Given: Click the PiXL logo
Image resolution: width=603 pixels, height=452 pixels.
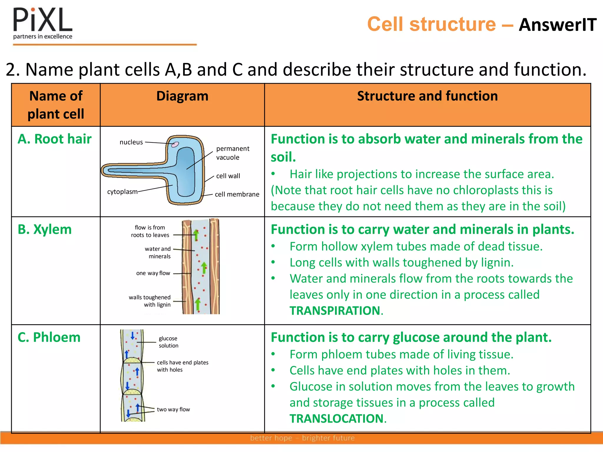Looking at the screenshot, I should (43, 24).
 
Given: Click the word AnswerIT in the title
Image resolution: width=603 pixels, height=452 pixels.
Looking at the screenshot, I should (557, 25).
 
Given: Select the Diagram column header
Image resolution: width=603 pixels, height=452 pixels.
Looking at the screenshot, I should (182, 96).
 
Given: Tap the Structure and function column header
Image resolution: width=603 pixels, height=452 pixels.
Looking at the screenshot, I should (427, 96).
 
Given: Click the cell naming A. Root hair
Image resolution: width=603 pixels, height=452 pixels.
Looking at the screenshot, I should (55, 139).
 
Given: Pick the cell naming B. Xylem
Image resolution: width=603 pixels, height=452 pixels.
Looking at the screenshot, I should (45, 229).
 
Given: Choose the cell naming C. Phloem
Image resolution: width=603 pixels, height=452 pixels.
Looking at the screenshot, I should (49, 337).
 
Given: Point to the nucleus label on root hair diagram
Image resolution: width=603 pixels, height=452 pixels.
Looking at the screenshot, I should (131, 142).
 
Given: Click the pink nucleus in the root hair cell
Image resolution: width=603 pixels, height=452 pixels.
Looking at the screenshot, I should (175, 144).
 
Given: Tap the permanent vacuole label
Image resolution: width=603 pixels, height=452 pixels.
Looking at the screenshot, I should (232, 153).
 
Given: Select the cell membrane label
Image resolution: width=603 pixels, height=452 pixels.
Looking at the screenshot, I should (237, 194).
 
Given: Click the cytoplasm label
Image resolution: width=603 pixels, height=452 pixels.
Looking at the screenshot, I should (122, 192).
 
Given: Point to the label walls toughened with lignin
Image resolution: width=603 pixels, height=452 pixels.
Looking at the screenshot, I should (150, 301).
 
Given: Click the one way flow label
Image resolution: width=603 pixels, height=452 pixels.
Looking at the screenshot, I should (153, 273).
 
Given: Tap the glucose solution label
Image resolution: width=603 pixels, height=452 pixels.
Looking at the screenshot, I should (168, 342).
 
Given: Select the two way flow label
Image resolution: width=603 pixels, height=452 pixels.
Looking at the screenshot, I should (173, 409).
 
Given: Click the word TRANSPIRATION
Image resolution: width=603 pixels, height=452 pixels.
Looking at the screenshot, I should (335, 311).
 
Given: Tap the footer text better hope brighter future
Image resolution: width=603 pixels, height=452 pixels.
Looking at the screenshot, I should (302, 438).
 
